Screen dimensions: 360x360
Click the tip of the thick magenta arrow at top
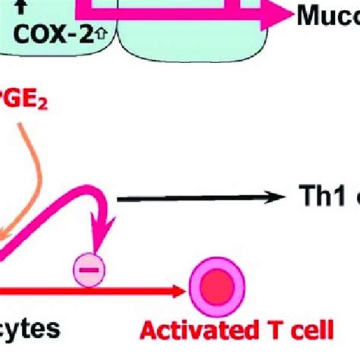286,15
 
